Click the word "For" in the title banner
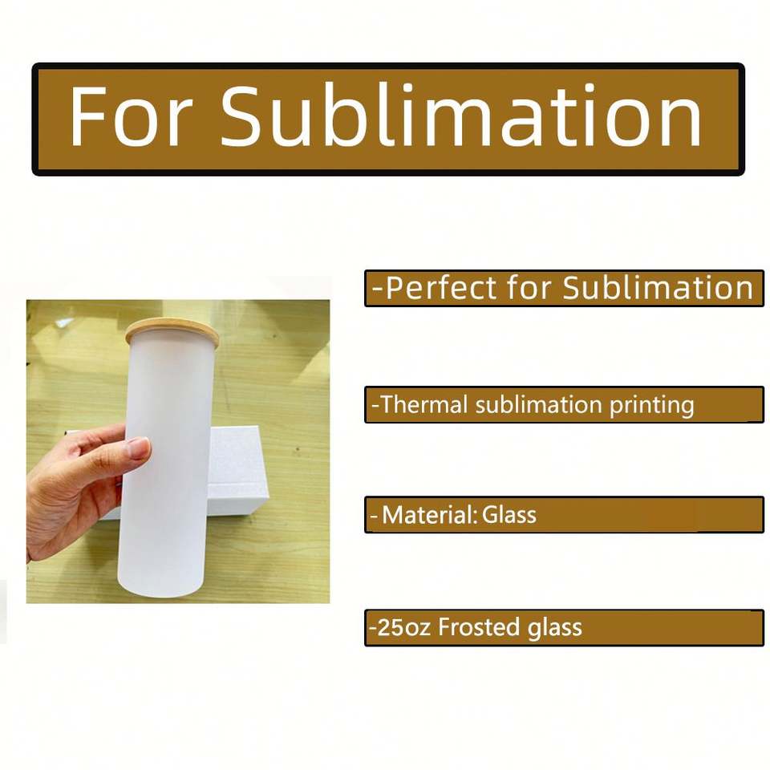point(129,115)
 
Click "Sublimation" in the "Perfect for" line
point(658,287)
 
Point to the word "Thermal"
point(423,404)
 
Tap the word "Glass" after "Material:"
point(509,515)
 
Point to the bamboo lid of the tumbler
point(172,331)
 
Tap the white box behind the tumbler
point(241,472)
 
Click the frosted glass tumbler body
point(168,467)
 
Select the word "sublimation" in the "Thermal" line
point(539,404)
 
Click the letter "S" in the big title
point(241,115)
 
